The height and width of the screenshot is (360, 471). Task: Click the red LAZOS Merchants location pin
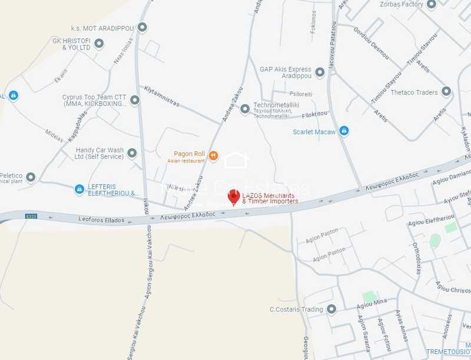click(234, 197)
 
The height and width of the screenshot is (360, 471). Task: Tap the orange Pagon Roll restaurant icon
click(213, 156)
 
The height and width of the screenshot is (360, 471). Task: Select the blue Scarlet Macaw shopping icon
click(344, 131)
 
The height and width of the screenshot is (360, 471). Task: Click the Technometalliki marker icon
click(245, 108)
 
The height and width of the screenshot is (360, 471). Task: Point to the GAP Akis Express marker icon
click(320, 72)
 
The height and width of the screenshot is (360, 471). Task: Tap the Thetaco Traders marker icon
click(446, 92)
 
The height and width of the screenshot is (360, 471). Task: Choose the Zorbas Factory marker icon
click(448, 5)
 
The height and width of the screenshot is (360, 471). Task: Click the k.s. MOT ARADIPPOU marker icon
click(142, 28)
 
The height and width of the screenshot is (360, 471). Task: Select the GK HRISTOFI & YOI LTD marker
click(99, 44)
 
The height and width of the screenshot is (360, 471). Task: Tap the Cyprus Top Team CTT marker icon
click(135, 101)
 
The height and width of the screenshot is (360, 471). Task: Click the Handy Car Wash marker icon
click(132, 153)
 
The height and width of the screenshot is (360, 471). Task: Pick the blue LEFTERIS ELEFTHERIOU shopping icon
click(79, 189)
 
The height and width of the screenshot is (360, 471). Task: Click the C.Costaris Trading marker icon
click(331, 309)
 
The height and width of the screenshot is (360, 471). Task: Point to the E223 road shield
click(31, 217)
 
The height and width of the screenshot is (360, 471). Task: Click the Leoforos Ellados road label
click(101, 220)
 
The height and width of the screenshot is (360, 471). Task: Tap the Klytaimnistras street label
click(163, 96)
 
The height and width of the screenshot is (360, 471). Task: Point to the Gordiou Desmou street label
click(371, 42)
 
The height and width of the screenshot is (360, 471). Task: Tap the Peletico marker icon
click(31, 176)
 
